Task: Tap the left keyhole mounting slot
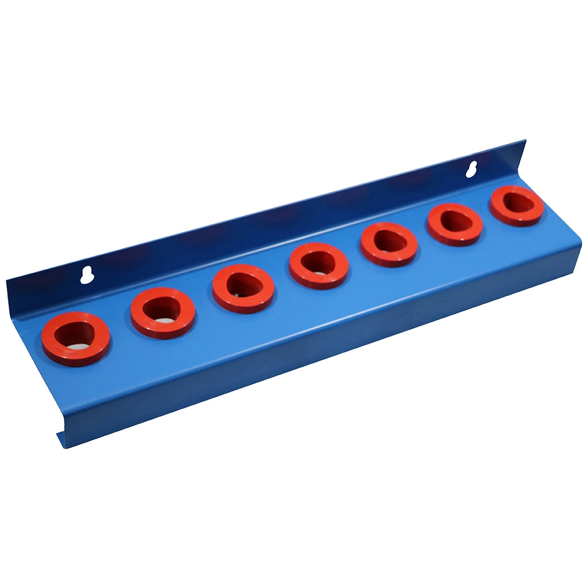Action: pyautogui.click(x=87, y=275)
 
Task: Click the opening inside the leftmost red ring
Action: pyautogui.click(x=76, y=336)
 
